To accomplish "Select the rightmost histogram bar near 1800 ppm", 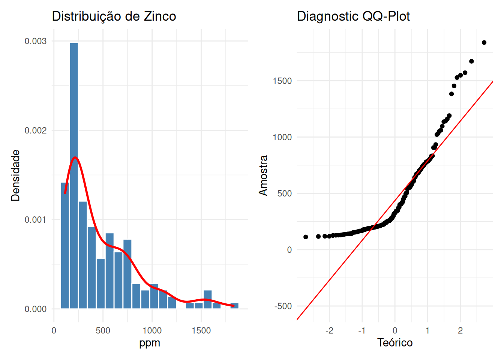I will (234, 306).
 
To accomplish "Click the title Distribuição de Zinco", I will (114, 16).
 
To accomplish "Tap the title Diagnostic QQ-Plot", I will (353, 16).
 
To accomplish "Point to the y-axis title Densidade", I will (15, 175).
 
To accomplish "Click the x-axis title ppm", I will (150, 343).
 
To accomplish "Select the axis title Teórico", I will (395, 343).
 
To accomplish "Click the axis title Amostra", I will (264, 175).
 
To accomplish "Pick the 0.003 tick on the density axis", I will (36, 41).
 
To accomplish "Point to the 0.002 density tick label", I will (36, 130).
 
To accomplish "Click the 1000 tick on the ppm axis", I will (152, 331).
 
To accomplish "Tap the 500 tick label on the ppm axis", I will (103, 331).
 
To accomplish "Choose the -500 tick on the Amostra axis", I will (283, 306).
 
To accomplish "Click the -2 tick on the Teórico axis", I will (329, 331).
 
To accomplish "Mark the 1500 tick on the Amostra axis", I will (282, 81).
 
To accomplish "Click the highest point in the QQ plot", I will (484, 43).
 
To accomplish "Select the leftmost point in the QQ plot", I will (306, 237).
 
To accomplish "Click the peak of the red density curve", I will (75, 157).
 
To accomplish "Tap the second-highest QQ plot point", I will (471, 61).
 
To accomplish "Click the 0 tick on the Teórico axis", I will (395, 331).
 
